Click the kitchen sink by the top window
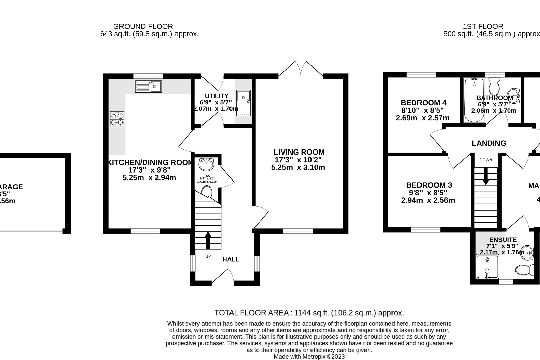coord(148,87)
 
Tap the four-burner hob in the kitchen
coord(117,118)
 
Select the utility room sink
coord(243,103)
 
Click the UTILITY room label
coord(217,96)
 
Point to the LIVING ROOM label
coord(299,152)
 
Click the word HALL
coord(231,259)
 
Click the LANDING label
coord(489,143)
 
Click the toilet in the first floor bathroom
coord(494,87)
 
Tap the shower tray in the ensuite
coord(487,267)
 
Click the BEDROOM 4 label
coord(424,103)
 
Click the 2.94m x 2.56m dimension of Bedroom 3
coord(428,200)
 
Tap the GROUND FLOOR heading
coord(143,26)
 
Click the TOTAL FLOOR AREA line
coord(309,313)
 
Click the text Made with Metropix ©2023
coord(309,356)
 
